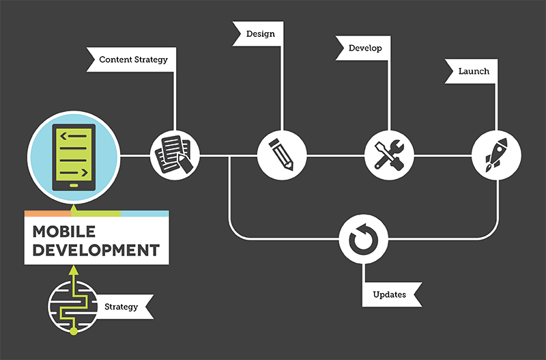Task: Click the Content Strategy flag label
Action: point(132,59)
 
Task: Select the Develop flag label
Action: point(365,49)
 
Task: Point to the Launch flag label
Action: point(473,71)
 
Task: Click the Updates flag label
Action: point(390,294)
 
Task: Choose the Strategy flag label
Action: point(121,307)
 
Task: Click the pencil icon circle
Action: point(282,154)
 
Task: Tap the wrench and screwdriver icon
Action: point(389,154)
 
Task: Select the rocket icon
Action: point(496,154)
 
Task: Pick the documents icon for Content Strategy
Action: point(175,154)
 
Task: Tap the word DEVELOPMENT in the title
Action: point(96,249)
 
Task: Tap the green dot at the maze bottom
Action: point(73,333)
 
